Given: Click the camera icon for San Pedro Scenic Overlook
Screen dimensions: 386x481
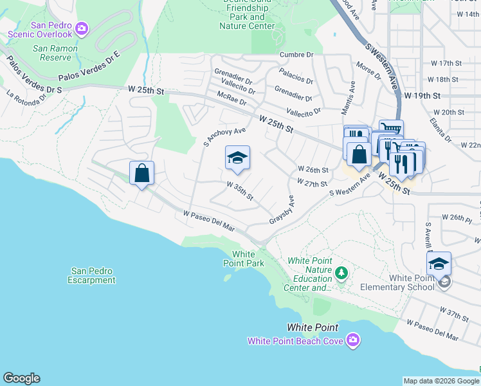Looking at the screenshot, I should (x=82, y=28).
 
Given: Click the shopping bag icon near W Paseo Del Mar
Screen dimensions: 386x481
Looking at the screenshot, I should (x=141, y=173).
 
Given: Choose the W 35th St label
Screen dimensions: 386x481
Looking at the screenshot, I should (x=240, y=190).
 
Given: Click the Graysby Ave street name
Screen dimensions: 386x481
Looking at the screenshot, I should (x=282, y=210).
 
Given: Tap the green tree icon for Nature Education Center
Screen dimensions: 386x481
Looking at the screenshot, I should (x=341, y=273).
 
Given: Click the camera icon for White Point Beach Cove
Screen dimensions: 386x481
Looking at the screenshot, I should (x=352, y=340).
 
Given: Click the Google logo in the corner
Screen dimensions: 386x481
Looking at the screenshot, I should (x=21, y=378).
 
